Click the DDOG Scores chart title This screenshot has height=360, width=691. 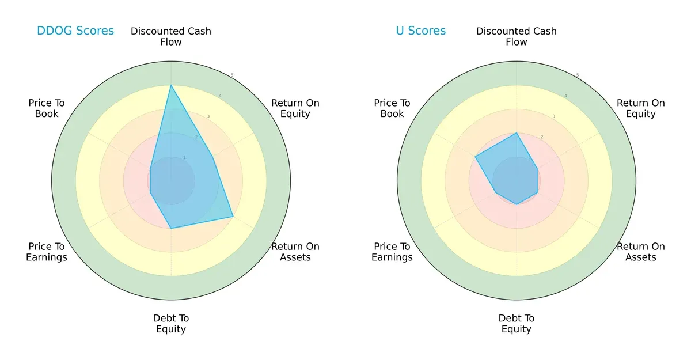pos(75,31)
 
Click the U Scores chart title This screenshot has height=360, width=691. pos(420,31)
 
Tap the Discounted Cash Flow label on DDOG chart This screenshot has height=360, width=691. pos(171,36)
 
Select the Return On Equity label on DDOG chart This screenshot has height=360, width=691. pos(295,108)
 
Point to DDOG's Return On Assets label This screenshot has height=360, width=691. pos(295,252)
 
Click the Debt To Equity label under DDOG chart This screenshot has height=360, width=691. pos(171,324)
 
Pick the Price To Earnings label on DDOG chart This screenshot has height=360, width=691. pos(47,252)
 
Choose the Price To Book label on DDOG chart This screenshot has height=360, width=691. pos(47,108)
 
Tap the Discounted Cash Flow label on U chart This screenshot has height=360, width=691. pos(517,36)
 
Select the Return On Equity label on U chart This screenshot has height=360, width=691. pos(640,108)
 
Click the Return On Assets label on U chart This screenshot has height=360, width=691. pos(640,252)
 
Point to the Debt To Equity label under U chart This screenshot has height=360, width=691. pos(517,324)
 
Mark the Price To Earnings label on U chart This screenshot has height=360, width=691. pos(392,252)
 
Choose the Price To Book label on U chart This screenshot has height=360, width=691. pos(392,108)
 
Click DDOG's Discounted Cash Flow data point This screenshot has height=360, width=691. pos(171,85)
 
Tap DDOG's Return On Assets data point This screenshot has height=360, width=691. pos(233,217)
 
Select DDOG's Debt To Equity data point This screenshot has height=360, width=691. pos(171,229)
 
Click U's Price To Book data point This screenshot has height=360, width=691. pos(475,157)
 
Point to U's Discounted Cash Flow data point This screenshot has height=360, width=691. pos(517,133)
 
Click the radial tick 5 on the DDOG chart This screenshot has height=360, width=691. pos(231,75)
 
